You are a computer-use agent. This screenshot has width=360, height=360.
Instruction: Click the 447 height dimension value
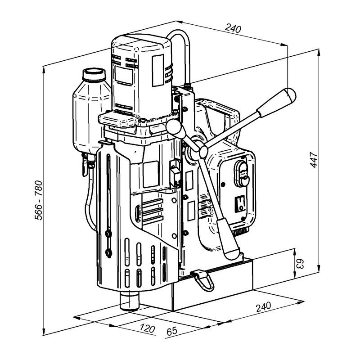click(x=314, y=160)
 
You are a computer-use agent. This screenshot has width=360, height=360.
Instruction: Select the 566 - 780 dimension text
click(x=39, y=200)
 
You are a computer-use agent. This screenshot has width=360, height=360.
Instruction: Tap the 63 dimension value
click(x=300, y=264)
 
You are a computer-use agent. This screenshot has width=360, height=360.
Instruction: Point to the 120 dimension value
click(x=147, y=328)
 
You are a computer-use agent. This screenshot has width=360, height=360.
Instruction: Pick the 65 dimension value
click(x=172, y=331)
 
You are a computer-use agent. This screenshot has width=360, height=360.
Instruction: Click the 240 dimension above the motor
click(x=233, y=28)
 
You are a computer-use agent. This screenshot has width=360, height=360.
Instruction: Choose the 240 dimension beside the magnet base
click(x=264, y=307)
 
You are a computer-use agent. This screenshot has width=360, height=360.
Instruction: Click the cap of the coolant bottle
click(x=94, y=74)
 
